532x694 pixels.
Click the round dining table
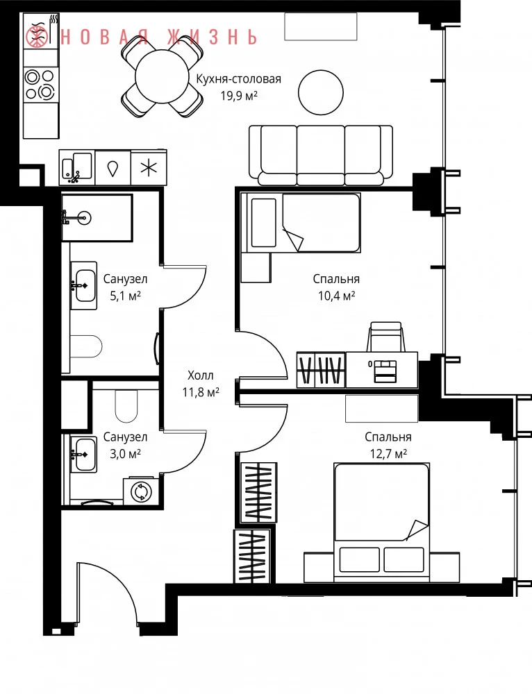163,76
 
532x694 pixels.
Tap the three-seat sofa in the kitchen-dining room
321,155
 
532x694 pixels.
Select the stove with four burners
41,84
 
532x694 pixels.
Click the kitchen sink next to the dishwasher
77,168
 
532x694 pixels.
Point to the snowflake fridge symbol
149,168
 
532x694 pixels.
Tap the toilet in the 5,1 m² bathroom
86,346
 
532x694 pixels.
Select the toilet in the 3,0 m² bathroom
126,405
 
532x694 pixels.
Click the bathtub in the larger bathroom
97,217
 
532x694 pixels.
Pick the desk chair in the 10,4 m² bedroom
385,337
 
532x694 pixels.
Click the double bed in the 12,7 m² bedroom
382,523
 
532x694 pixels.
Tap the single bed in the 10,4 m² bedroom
300,222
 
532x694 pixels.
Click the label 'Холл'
201,375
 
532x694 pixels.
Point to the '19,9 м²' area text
239,95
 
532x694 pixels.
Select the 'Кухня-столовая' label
239,79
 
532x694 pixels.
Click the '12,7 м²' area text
388,454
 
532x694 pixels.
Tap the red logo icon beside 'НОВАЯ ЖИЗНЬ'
38,37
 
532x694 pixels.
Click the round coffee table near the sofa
321,92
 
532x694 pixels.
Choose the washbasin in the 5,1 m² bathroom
84,285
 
